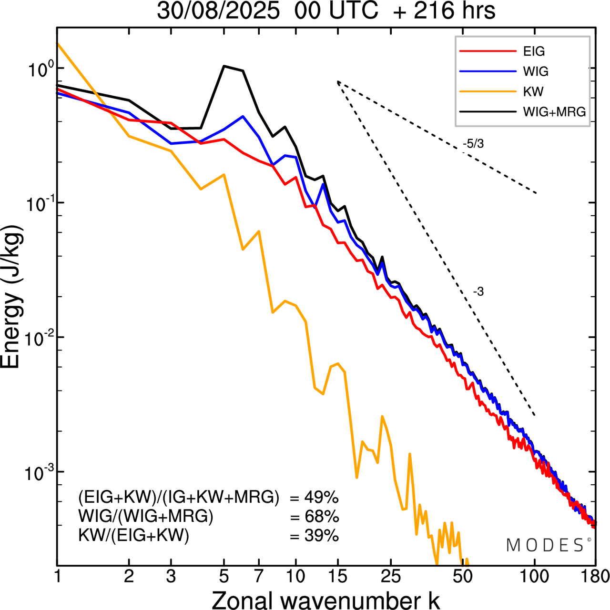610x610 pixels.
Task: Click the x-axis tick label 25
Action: point(391,577)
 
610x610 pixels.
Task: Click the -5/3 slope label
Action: point(473,144)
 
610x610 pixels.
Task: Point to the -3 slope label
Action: point(478,292)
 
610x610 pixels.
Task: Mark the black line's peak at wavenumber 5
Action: point(224,66)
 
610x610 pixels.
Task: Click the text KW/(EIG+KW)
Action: point(134,536)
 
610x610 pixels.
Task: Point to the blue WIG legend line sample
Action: point(487,71)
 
